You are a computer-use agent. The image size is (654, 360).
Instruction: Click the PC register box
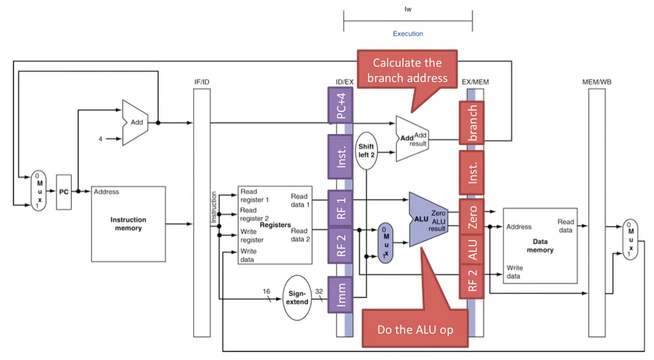click(64, 192)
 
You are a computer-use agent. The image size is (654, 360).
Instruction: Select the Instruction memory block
click(128, 224)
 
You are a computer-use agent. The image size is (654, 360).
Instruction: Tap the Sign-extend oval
click(297, 297)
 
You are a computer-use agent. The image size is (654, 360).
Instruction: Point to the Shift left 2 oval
click(366, 151)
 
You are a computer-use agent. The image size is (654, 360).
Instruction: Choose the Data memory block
click(540, 246)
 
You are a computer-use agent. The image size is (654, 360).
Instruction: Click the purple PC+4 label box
click(340, 106)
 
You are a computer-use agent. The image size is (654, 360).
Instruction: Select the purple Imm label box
click(340, 295)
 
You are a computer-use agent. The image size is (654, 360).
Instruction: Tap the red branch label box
click(472, 123)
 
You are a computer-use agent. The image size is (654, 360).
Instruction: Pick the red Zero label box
click(472, 217)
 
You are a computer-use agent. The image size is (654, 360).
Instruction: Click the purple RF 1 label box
click(340, 208)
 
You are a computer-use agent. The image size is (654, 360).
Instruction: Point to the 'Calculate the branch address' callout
click(407, 70)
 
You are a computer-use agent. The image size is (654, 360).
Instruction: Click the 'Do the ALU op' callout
click(415, 329)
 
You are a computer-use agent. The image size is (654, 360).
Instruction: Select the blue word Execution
click(408, 34)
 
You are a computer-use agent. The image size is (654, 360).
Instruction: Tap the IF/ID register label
click(202, 82)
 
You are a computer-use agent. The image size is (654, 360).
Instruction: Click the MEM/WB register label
click(596, 82)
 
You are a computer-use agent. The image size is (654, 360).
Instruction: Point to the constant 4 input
click(100, 139)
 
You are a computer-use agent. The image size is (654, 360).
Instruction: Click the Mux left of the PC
click(39, 191)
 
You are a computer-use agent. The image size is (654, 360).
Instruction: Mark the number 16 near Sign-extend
click(266, 291)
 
